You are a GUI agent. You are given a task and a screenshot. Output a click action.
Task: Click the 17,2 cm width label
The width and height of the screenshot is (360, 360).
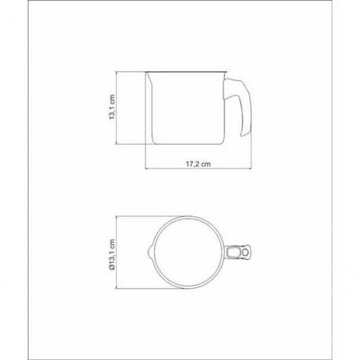[198, 164]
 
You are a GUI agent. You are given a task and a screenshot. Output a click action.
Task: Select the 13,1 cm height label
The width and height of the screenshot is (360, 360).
[112, 107]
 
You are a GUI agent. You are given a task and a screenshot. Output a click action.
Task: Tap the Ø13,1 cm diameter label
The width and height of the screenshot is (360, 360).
[112, 256]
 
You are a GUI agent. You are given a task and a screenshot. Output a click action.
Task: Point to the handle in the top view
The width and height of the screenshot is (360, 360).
[238, 252]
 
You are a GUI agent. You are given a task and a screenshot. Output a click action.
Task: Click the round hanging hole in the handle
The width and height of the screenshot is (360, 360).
[246, 252]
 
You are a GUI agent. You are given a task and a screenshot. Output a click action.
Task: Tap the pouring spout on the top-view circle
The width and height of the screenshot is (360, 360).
[150, 252]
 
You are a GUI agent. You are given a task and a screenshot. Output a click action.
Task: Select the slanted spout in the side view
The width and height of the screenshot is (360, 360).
[149, 81]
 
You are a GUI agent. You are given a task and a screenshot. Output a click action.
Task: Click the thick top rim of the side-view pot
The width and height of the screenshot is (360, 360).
[186, 72]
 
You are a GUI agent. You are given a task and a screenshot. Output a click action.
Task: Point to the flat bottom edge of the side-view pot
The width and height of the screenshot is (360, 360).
[188, 143]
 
